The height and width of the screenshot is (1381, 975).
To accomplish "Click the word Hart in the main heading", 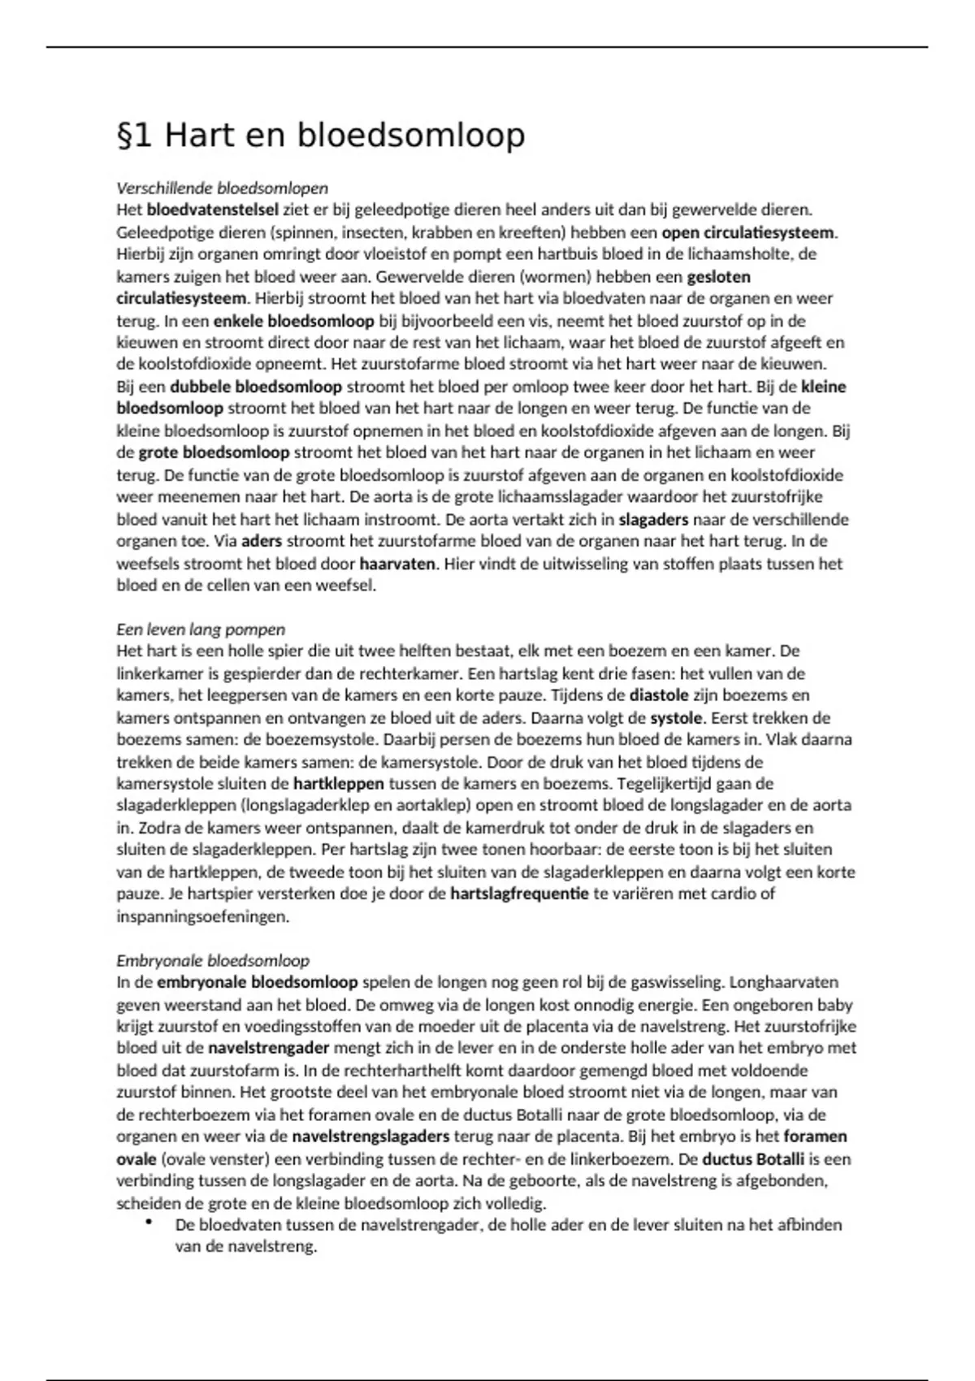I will (195, 135).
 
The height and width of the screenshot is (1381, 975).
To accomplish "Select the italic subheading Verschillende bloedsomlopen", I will (222, 188).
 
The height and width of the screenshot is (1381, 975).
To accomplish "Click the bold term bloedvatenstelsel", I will (213, 210).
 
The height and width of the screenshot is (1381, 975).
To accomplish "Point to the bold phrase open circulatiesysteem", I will (748, 232).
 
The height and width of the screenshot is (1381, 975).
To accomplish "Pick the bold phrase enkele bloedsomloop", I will (294, 321).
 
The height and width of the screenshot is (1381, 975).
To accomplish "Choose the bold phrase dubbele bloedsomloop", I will (256, 387).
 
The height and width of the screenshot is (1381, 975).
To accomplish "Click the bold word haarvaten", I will (396, 563).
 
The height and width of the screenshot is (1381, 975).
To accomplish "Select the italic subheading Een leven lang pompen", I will (201, 630).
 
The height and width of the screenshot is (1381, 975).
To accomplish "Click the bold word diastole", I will (659, 695).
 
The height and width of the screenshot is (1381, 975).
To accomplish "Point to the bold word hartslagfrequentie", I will (519, 894).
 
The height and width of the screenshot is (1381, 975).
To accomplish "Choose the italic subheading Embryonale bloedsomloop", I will (213, 961).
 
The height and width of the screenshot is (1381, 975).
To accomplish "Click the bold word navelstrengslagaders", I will (370, 1137).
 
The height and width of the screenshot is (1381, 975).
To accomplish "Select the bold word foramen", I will (815, 1137).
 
